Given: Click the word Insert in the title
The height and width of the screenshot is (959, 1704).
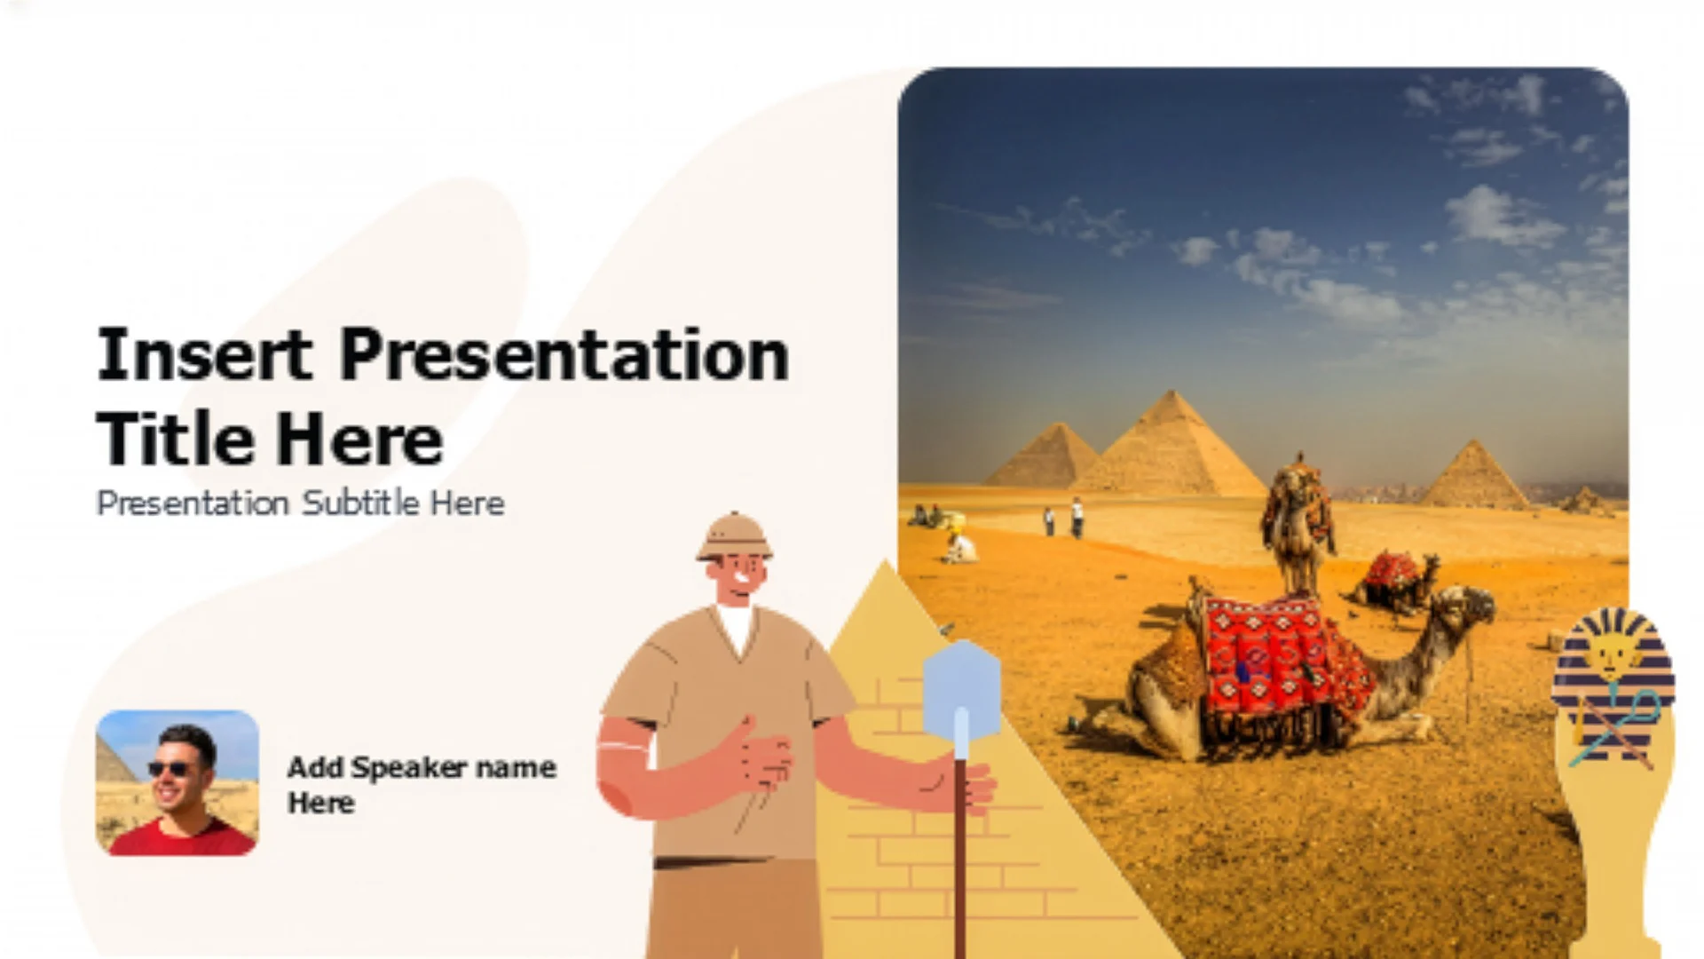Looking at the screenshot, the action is pos(204,354).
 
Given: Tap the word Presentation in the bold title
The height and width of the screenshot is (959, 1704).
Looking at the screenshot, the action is pos(564,354).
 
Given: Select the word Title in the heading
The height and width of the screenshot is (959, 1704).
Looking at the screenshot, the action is pos(175,439).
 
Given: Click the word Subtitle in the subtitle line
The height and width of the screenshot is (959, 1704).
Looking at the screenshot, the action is pos(360,503).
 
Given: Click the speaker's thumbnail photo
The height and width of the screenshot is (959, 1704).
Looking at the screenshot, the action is pos(177,782).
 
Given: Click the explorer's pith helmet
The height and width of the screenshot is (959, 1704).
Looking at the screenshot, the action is pos(734,536).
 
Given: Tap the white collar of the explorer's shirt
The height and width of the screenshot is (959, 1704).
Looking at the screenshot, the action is pos(737,625).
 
